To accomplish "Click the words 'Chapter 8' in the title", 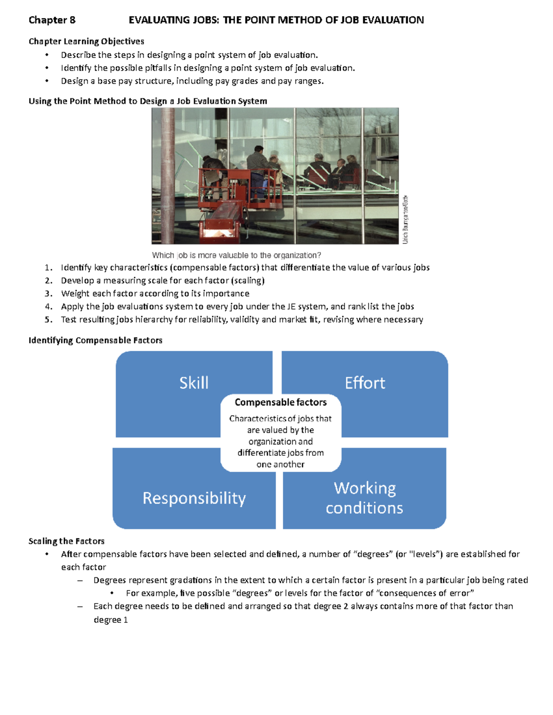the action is coord(52,20).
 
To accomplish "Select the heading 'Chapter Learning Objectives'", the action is coord(86,41).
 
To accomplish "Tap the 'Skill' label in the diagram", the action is coord(194,383).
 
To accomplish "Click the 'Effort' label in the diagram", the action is coord(365,383).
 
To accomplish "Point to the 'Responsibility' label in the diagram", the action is coord(194,498).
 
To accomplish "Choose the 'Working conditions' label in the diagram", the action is coord(365,498).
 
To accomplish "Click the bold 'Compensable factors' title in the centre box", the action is coord(280,402).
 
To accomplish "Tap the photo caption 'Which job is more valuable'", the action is coord(236,255).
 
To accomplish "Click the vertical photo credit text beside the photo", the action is coord(405,220).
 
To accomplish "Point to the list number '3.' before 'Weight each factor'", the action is coord(48,294).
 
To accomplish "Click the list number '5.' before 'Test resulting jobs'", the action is coord(48,320).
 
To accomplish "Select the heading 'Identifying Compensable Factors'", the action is coord(95,340).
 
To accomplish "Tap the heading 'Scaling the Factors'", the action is coord(66,541).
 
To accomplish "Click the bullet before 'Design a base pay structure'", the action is coord(47,81).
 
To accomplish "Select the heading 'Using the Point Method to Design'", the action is coord(147,101).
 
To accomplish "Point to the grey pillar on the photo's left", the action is coord(167,175).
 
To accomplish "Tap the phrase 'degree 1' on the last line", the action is coord(111,620).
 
